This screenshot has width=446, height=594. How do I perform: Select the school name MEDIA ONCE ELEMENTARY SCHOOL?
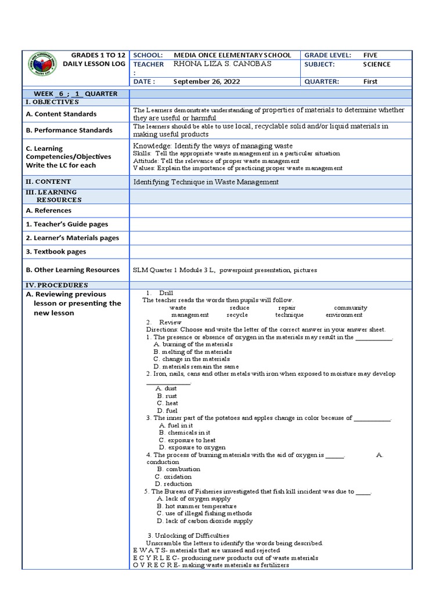pos(232,55)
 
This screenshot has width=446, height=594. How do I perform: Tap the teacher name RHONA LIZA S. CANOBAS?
pos(222,64)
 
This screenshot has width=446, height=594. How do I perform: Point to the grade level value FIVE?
pos(370,55)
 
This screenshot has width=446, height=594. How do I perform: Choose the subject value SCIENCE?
pos(376,64)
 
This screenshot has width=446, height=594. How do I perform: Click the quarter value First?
pos(370,82)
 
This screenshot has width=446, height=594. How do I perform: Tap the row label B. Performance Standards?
pos(69,130)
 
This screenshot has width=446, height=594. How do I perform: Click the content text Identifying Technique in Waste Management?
pos(206,182)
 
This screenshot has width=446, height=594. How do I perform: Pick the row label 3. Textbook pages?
pos(56,252)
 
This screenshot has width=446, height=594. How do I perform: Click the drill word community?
pos(350,307)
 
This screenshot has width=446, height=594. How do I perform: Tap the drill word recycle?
pos(237,315)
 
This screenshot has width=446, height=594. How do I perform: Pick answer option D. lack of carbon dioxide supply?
pos(204,521)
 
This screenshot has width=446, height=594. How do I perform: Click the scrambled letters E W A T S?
pos(150,550)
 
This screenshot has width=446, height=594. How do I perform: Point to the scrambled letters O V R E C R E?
pos(156,565)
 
